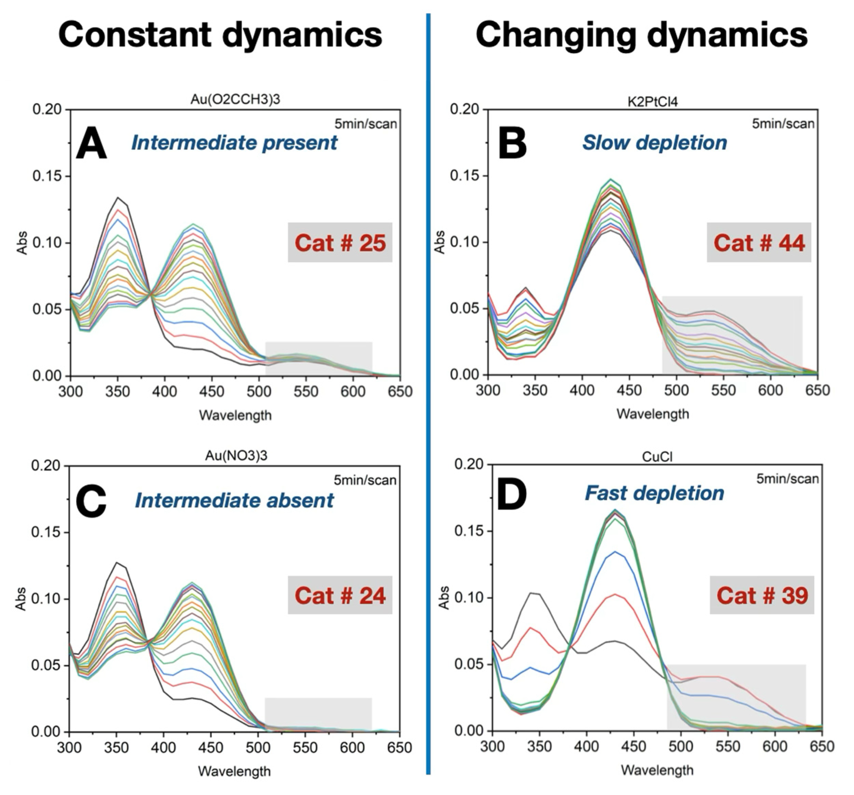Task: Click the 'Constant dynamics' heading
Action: (x=220, y=35)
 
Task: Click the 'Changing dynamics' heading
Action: (x=641, y=35)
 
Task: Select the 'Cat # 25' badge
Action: (x=340, y=243)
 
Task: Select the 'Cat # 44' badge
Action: (x=759, y=243)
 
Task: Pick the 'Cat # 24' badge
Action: (x=340, y=596)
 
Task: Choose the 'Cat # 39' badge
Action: (x=762, y=596)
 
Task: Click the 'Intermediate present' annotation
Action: (x=234, y=143)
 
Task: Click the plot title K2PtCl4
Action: (x=652, y=102)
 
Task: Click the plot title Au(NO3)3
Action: (x=236, y=455)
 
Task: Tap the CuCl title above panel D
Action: (x=657, y=457)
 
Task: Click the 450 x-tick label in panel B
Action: (x=629, y=390)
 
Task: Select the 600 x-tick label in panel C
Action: (x=352, y=747)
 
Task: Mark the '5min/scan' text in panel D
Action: (x=787, y=479)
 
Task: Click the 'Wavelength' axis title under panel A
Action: (x=235, y=415)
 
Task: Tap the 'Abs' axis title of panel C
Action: (x=22, y=599)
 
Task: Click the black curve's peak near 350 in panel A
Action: (x=118, y=198)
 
